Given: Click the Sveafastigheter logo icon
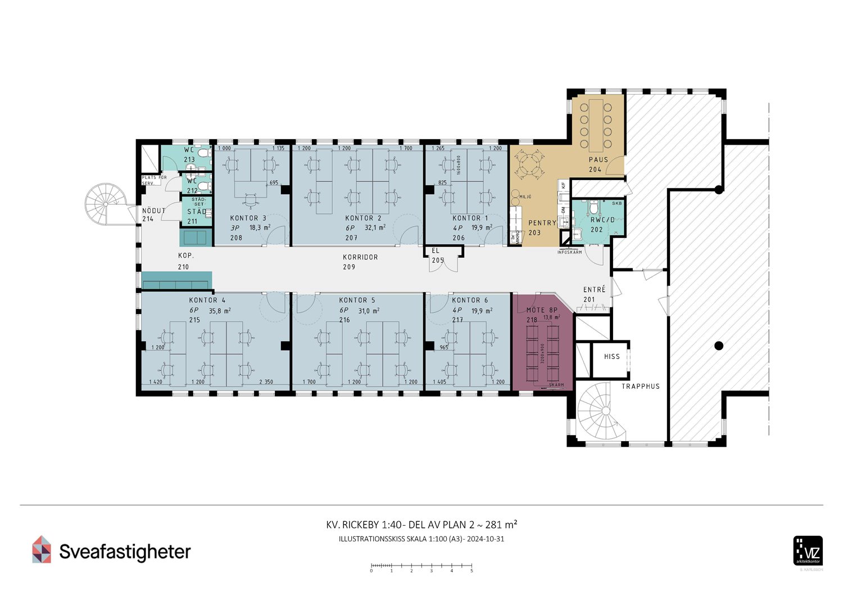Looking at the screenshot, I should pos(42,549).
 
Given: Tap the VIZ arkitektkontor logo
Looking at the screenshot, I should pos(808,551).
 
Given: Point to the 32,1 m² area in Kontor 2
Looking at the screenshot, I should pos(375,227).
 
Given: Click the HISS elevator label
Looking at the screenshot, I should pos(611,356).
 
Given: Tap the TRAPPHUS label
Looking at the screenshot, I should pos(640,386).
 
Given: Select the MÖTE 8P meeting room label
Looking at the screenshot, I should pos(541,310).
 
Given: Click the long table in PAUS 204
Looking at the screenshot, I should pos(595,125).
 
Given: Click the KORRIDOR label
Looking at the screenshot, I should pos(360,257).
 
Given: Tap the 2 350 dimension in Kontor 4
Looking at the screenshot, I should pos(266,382).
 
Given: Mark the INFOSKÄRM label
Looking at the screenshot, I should pos(569,252).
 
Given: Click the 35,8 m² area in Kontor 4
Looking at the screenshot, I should pos(220,310).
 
